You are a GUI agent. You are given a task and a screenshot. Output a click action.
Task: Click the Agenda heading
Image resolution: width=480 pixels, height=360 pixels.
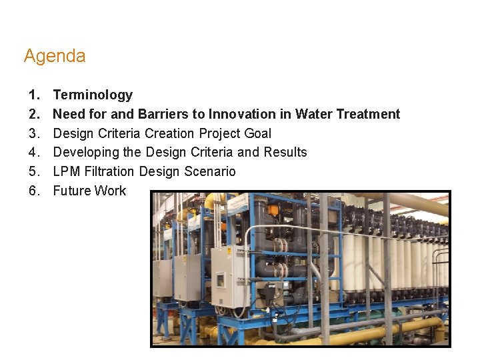55,56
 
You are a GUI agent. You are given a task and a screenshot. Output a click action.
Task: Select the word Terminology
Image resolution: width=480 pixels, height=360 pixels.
93,95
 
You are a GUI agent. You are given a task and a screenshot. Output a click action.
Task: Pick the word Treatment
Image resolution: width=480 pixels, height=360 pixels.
368,115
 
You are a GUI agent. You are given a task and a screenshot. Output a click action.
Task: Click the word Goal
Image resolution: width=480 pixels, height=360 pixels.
257,133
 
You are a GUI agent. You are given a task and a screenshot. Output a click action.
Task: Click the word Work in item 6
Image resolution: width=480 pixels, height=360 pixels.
109,191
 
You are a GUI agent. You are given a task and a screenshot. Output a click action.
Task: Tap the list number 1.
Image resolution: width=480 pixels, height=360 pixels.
33,95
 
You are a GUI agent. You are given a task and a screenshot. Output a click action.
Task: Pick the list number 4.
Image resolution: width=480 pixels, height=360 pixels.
33,153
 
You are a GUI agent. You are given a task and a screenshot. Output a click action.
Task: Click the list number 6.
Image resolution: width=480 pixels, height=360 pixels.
33,191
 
